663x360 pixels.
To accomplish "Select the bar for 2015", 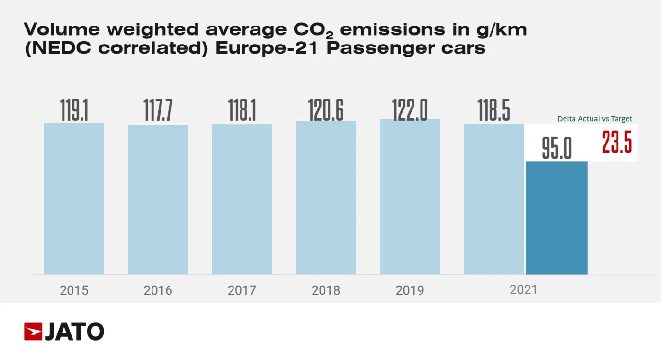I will (74, 199).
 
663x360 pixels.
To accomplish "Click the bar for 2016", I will (158, 199).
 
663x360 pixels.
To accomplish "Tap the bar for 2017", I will (242, 199).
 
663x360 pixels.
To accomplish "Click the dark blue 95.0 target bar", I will (556, 218).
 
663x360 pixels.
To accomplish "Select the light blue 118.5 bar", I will (494, 199).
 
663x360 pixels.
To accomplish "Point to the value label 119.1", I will (74, 110).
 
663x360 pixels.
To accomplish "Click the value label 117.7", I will (158, 111).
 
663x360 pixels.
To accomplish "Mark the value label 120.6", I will (326, 110).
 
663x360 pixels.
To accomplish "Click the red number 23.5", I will (617, 142).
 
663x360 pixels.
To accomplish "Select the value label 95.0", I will (556, 149).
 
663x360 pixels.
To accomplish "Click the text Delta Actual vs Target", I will (595, 119).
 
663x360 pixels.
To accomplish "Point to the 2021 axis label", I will (523, 289).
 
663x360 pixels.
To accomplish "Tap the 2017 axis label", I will (242, 290).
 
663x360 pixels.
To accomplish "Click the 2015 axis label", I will (74, 290).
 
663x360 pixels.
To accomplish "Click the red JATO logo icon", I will (33, 331).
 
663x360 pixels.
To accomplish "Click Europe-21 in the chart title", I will (268, 48).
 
